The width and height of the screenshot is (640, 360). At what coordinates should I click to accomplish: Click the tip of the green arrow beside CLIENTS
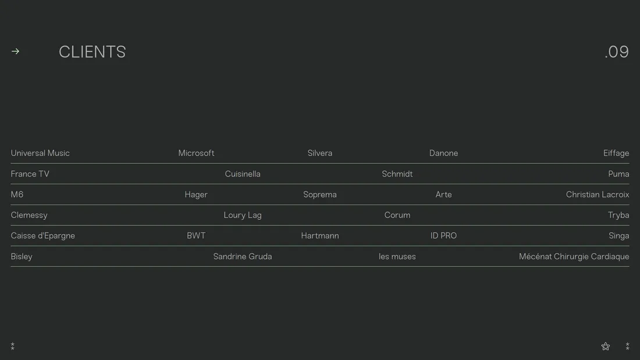tap(19, 51)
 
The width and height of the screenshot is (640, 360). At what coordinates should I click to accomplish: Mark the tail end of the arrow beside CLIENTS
tap(12, 51)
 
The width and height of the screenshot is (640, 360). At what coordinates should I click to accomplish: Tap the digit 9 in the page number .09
tap(623, 52)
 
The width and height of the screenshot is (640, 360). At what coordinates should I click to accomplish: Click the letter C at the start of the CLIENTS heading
tap(65, 52)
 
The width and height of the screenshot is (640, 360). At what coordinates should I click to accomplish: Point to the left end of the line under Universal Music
tap(10, 163)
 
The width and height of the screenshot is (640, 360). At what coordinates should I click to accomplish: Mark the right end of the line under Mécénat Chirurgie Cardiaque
tap(630, 266)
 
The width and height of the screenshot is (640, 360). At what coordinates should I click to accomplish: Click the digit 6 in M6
tap(20, 195)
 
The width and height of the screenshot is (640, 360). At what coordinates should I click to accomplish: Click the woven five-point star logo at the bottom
tap(606, 347)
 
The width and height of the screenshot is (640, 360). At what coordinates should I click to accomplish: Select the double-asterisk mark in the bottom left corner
tap(13, 346)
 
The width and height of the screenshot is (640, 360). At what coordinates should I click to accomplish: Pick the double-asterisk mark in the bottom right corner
tap(627, 346)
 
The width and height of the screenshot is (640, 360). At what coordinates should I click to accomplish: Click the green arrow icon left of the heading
tap(16, 51)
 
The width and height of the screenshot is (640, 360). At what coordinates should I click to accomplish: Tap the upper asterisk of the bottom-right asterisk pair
tap(627, 344)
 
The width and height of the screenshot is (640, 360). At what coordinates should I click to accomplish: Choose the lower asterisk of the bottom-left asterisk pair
tap(13, 348)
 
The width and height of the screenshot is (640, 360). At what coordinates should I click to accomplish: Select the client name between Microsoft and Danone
tap(320, 153)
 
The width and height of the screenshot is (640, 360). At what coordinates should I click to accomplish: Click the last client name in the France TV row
tap(618, 174)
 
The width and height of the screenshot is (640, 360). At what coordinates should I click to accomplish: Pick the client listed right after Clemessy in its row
tap(243, 215)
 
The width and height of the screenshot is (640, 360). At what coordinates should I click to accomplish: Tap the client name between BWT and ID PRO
tap(320, 236)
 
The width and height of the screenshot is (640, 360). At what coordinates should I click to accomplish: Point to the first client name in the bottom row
tap(22, 256)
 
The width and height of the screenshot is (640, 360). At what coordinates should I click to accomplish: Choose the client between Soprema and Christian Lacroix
tap(444, 195)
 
